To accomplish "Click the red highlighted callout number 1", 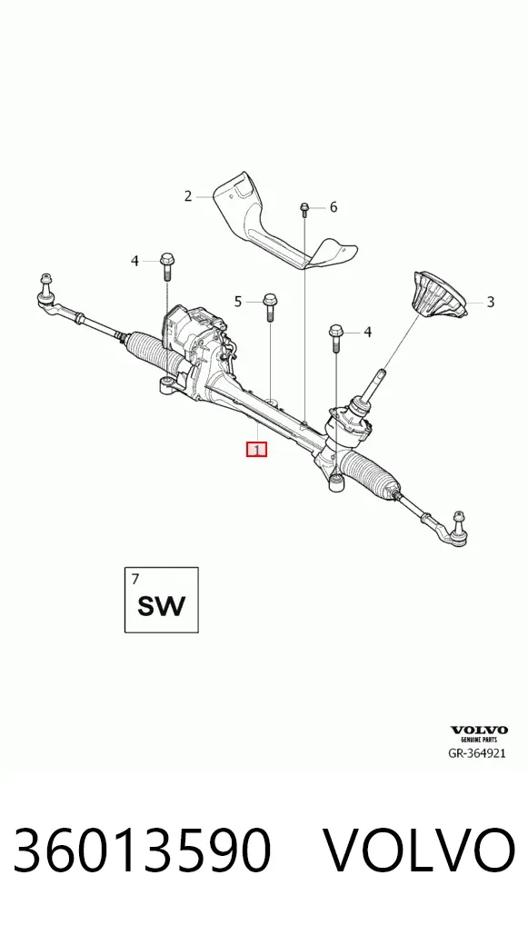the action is point(256,450).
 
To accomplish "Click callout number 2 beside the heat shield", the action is point(187,196).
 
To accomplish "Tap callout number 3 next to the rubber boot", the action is point(490,303).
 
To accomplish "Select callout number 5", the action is point(238,302).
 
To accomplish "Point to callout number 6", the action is point(334,207).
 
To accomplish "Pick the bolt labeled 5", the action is point(270,306).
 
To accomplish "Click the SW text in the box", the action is point(161,606).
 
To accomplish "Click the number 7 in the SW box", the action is point(135,579).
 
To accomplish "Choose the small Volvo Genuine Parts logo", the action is point(479,734).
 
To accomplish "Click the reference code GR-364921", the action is point(477,753).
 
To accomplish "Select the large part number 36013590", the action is point(142,850).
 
